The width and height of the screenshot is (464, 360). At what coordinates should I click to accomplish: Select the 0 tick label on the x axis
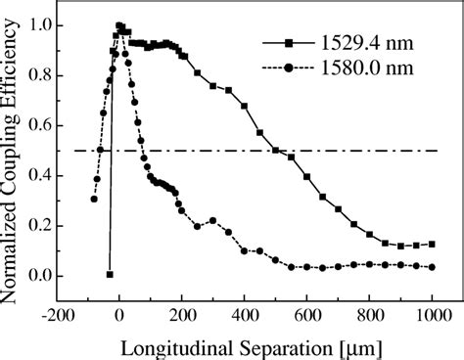(119, 315)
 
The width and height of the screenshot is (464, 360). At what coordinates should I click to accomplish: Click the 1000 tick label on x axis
(432, 315)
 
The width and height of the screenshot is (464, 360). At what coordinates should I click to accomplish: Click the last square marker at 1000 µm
(432, 245)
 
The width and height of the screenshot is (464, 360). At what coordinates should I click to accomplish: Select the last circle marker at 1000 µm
(432, 267)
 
